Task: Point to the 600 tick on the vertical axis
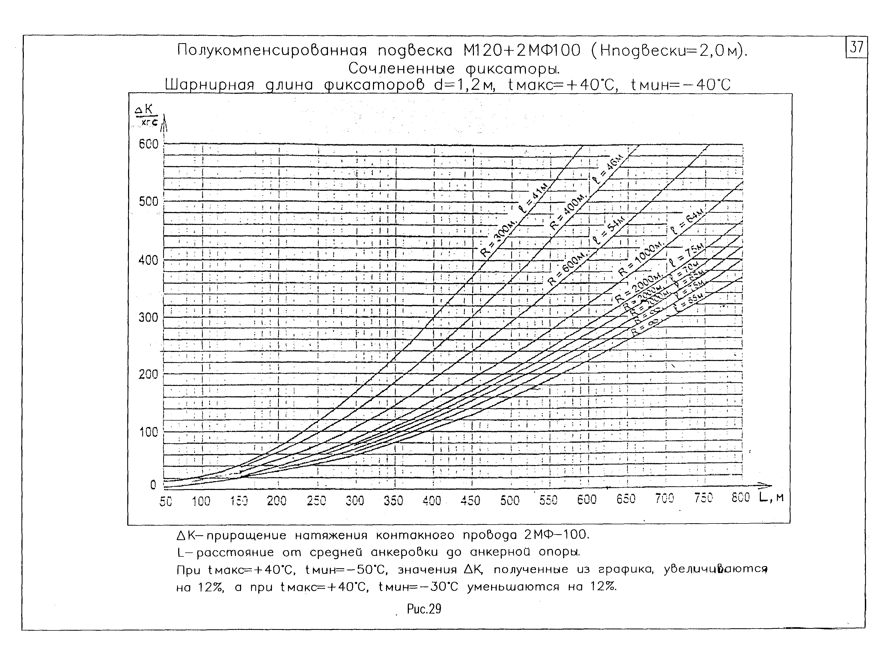pyautogui.click(x=149, y=144)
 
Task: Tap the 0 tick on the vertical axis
pyautogui.click(x=153, y=485)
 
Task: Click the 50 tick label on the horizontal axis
pyautogui.click(x=165, y=501)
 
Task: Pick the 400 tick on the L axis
pyautogui.click(x=432, y=500)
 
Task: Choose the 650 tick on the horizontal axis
pyautogui.click(x=626, y=499)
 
